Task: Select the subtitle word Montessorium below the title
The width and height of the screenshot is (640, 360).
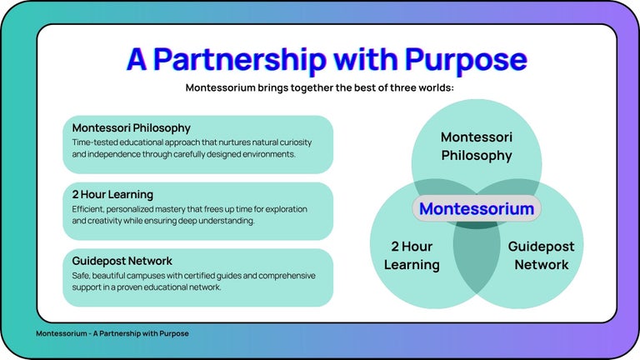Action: point(225,87)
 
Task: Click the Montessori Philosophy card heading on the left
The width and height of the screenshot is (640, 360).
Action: point(132,128)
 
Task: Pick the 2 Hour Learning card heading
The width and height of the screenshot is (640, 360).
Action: point(112,195)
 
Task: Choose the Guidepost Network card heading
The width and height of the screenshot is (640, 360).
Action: point(122,261)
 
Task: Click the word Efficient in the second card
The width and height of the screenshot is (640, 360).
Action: point(89,208)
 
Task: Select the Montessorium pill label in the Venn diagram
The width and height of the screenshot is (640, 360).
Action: point(477,208)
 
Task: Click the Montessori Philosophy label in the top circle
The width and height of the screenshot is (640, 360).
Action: point(477,146)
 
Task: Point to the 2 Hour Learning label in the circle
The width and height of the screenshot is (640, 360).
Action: point(412,256)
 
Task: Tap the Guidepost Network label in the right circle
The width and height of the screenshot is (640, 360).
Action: point(541,256)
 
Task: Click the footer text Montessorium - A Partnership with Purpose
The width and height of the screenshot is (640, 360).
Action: point(112,333)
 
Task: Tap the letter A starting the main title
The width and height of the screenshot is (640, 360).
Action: point(137,59)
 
